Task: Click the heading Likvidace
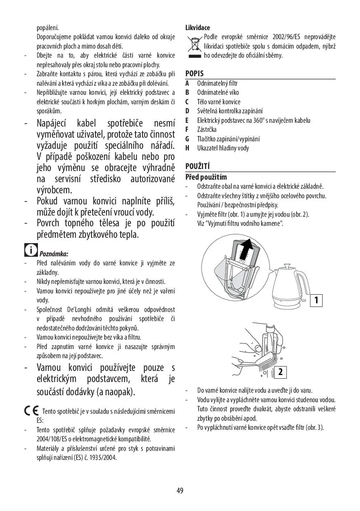[198, 28]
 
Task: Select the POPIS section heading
[194, 74]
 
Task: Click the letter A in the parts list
[187, 83]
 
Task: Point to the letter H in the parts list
[187, 148]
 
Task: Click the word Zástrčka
[207, 129]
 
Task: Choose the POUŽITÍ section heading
[198, 166]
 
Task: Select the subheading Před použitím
[206, 177]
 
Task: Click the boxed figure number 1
[316, 300]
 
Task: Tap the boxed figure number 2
[280, 372]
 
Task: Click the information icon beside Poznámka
[30, 250]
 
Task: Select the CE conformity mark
[31, 411]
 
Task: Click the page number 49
[180, 490]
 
